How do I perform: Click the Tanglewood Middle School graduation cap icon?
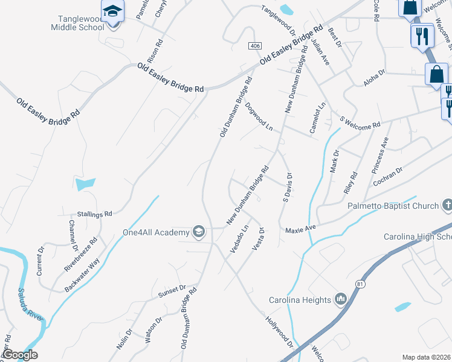(112, 11)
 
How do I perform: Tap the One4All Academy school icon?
(198, 232)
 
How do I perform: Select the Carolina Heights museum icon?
(340, 300)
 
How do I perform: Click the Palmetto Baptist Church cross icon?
(447, 206)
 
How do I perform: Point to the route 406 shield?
(253, 46)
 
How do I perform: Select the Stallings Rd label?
(95, 214)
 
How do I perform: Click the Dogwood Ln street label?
(259, 116)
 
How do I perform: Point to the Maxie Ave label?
(301, 229)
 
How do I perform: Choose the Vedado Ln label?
(239, 240)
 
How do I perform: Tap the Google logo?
(20, 355)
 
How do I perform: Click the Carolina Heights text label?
(300, 300)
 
